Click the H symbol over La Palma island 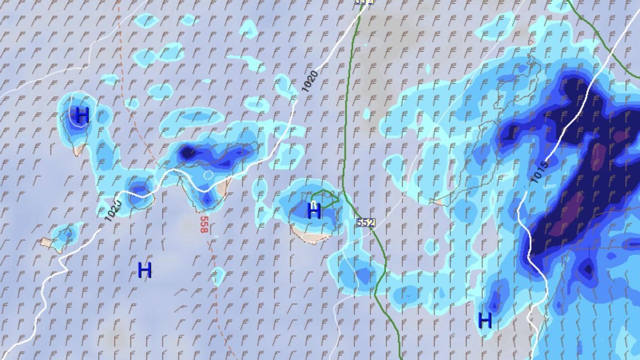82,115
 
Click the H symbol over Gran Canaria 314,211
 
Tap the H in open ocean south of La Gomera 145,270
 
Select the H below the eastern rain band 485,320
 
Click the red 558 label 204,224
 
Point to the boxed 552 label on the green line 366,222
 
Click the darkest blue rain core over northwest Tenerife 187,153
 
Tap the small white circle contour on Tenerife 208,174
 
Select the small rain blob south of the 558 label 218,275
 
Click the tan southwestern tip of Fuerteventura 438,202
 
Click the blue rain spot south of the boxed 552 363,275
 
